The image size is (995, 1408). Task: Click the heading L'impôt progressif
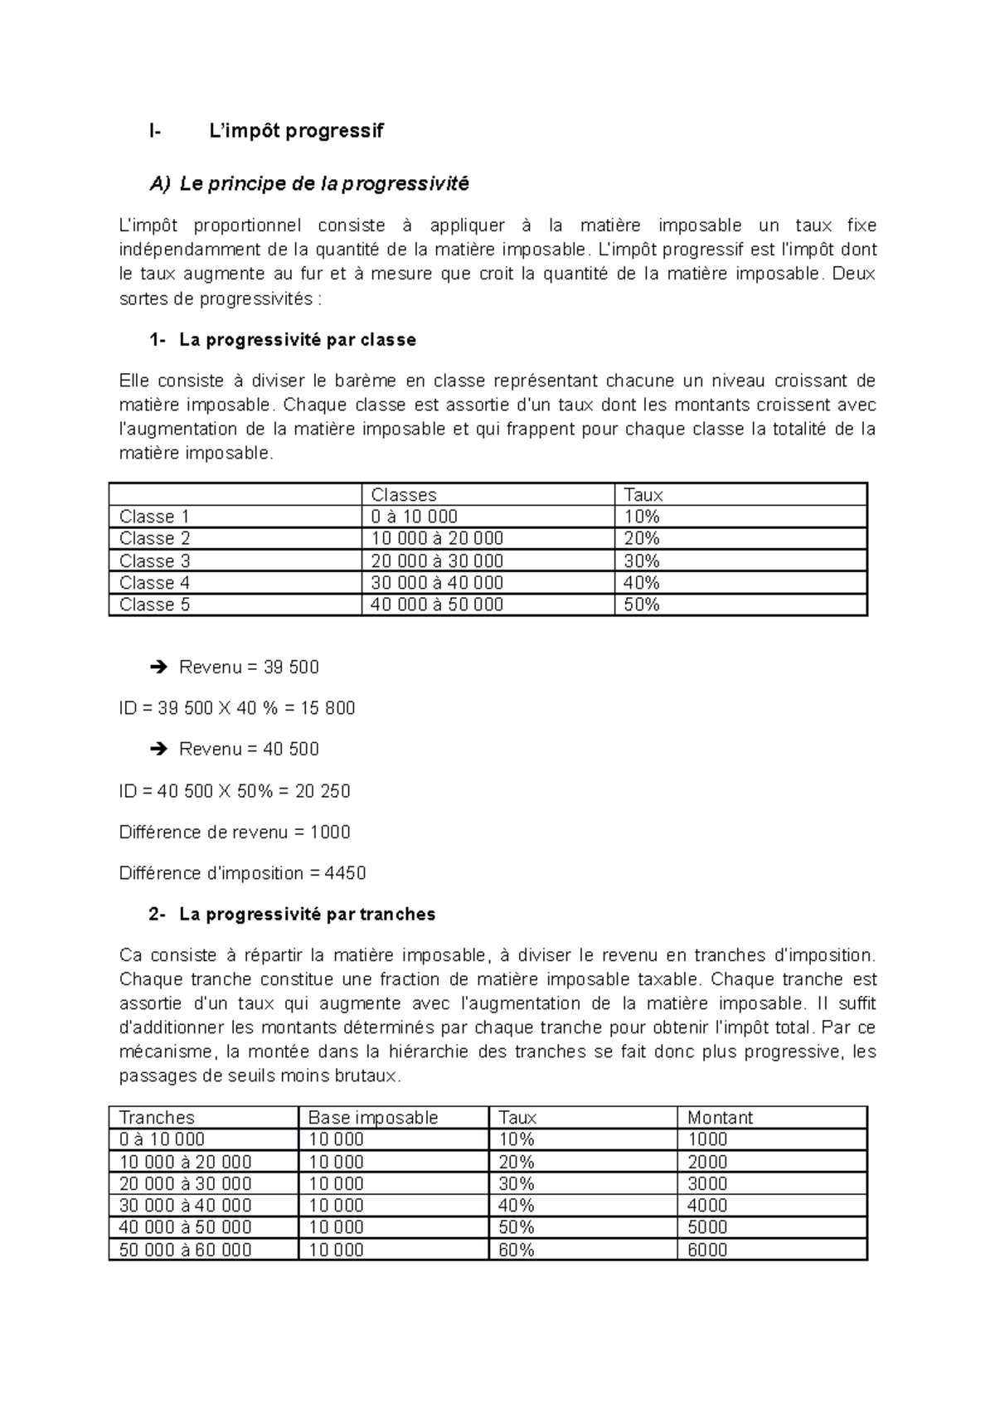pyautogui.click(x=295, y=131)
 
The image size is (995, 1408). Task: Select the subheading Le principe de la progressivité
pyautogui.click(x=324, y=184)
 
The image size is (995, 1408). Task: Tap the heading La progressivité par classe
pyautogui.click(x=297, y=340)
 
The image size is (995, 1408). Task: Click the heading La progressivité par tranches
pyautogui.click(x=307, y=915)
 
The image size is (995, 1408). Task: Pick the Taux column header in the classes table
pyautogui.click(x=643, y=495)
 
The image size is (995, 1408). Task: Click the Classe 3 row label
pyautogui.click(x=154, y=561)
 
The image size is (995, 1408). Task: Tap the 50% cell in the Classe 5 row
pyautogui.click(x=641, y=604)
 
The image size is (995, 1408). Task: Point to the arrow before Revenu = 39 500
pyautogui.click(x=159, y=668)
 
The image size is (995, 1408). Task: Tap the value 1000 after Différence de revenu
pyautogui.click(x=330, y=832)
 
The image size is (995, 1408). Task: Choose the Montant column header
pyautogui.click(x=720, y=1118)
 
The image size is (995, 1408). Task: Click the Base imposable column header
pyautogui.click(x=373, y=1118)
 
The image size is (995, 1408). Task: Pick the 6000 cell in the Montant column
pyautogui.click(x=707, y=1250)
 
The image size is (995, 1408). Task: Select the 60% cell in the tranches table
pyautogui.click(x=516, y=1250)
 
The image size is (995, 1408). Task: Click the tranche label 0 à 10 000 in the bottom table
pyautogui.click(x=162, y=1139)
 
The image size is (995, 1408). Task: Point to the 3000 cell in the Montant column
pyautogui.click(x=707, y=1183)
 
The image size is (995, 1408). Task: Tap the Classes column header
pyautogui.click(x=404, y=495)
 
